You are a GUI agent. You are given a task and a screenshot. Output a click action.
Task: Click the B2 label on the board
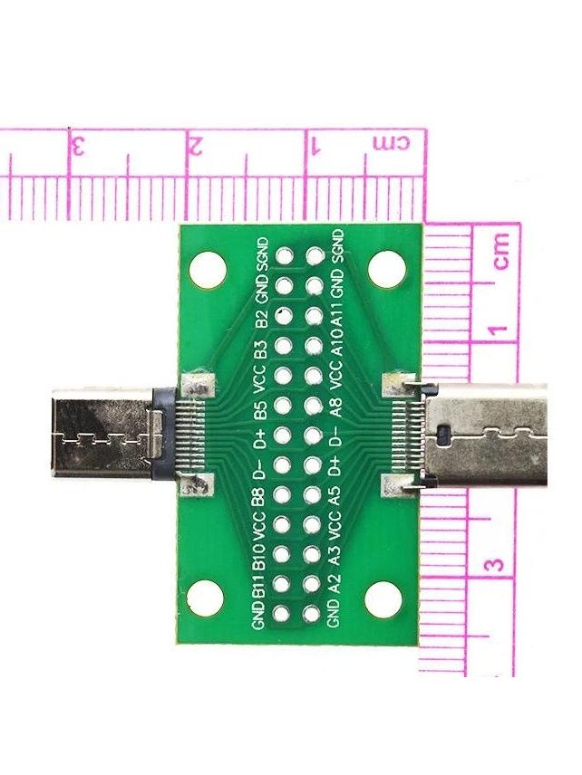pos(261,319)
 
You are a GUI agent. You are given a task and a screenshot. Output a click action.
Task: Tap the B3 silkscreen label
pos(261,349)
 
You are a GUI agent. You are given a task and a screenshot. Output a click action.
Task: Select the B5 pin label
pos(261,407)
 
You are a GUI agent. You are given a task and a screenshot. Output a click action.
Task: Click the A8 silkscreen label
pos(337,407)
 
